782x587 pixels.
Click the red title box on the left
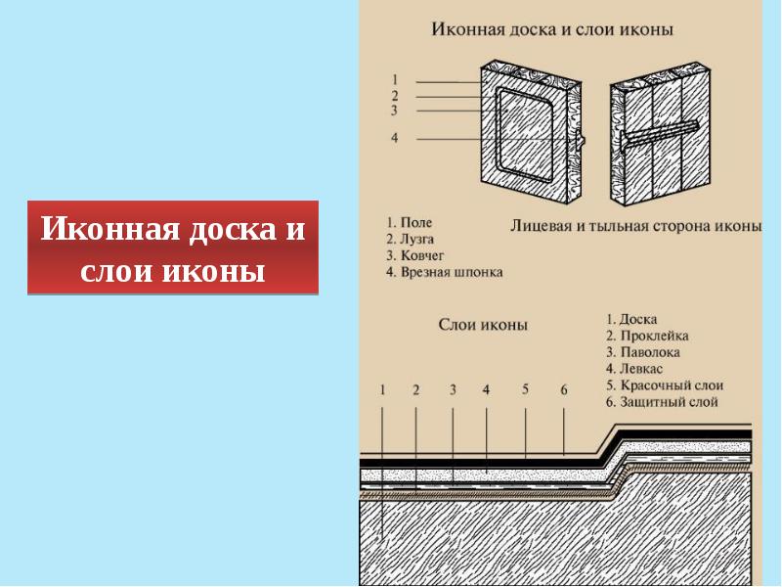(173, 248)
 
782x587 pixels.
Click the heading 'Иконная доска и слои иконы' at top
(553, 30)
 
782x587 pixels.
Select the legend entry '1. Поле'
(409, 223)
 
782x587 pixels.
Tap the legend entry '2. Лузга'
(411, 239)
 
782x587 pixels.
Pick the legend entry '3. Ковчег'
(415, 255)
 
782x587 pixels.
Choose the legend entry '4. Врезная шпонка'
(444, 272)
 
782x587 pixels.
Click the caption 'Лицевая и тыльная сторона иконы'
(635, 226)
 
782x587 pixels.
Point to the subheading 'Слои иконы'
(483, 324)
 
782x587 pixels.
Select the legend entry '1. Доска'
(630, 319)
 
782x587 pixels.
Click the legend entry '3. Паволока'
(642, 352)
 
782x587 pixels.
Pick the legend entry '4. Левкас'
(634, 369)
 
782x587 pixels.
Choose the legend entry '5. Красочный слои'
(664, 385)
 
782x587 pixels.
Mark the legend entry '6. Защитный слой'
(662, 402)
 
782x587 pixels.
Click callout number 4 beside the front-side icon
(394, 139)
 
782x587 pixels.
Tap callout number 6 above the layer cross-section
(564, 389)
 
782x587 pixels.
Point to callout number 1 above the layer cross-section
(383, 389)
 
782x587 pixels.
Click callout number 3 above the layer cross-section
(453, 389)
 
